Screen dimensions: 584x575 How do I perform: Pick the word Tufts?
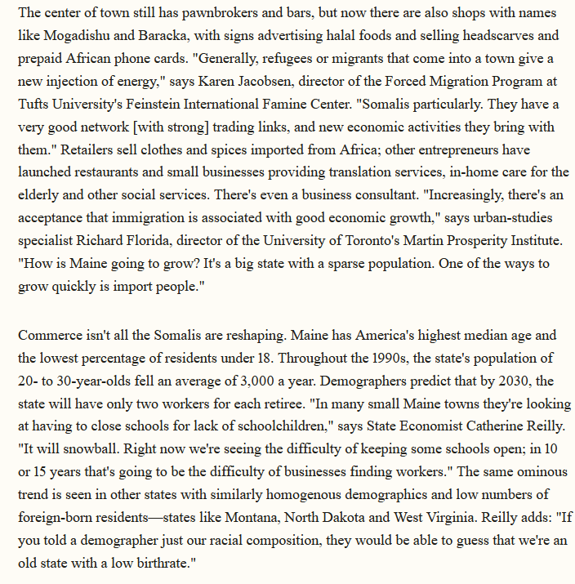click(x=35, y=105)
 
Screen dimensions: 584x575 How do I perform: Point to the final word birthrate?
click(x=163, y=564)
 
